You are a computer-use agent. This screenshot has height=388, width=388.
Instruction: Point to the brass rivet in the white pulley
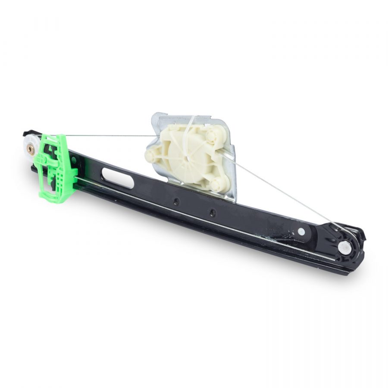point(31,149)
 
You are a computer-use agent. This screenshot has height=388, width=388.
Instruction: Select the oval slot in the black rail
point(118,178)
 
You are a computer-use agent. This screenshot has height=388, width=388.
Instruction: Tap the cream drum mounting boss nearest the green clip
point(151,155)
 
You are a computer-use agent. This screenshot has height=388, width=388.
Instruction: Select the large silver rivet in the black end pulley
point(344,247)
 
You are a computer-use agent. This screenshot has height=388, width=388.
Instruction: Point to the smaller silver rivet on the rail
point(301,232)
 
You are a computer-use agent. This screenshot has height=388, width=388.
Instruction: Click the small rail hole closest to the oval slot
point(176,201)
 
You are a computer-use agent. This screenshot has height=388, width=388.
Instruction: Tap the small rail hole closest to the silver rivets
point(212,212)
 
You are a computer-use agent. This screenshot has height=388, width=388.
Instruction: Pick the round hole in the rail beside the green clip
point(74,161)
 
